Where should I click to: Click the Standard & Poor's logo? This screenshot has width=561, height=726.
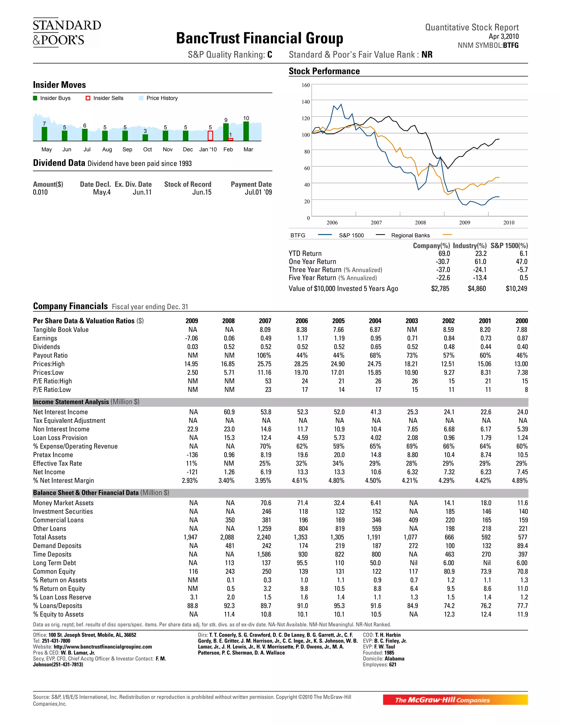(67, 33)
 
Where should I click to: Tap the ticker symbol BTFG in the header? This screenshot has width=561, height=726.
(511, 45)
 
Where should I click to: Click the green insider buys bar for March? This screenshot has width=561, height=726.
(246, 131)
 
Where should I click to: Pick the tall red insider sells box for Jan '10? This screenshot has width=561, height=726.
(210, 136)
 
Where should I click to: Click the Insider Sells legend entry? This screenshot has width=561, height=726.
(104, 98)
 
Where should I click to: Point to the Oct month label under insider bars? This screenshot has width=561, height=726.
(147, 150)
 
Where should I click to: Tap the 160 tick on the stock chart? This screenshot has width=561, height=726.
(305, 85)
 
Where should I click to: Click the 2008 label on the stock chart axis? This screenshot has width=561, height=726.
(420, 223)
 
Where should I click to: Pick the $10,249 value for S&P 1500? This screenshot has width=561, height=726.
(516, 288)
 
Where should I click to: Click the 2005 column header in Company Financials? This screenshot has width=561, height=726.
(338, 321)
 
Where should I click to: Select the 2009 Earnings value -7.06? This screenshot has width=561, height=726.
(191, 338)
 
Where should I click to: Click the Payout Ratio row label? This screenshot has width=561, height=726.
(50, 355)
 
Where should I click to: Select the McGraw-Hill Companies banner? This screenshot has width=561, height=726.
(455, 700)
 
